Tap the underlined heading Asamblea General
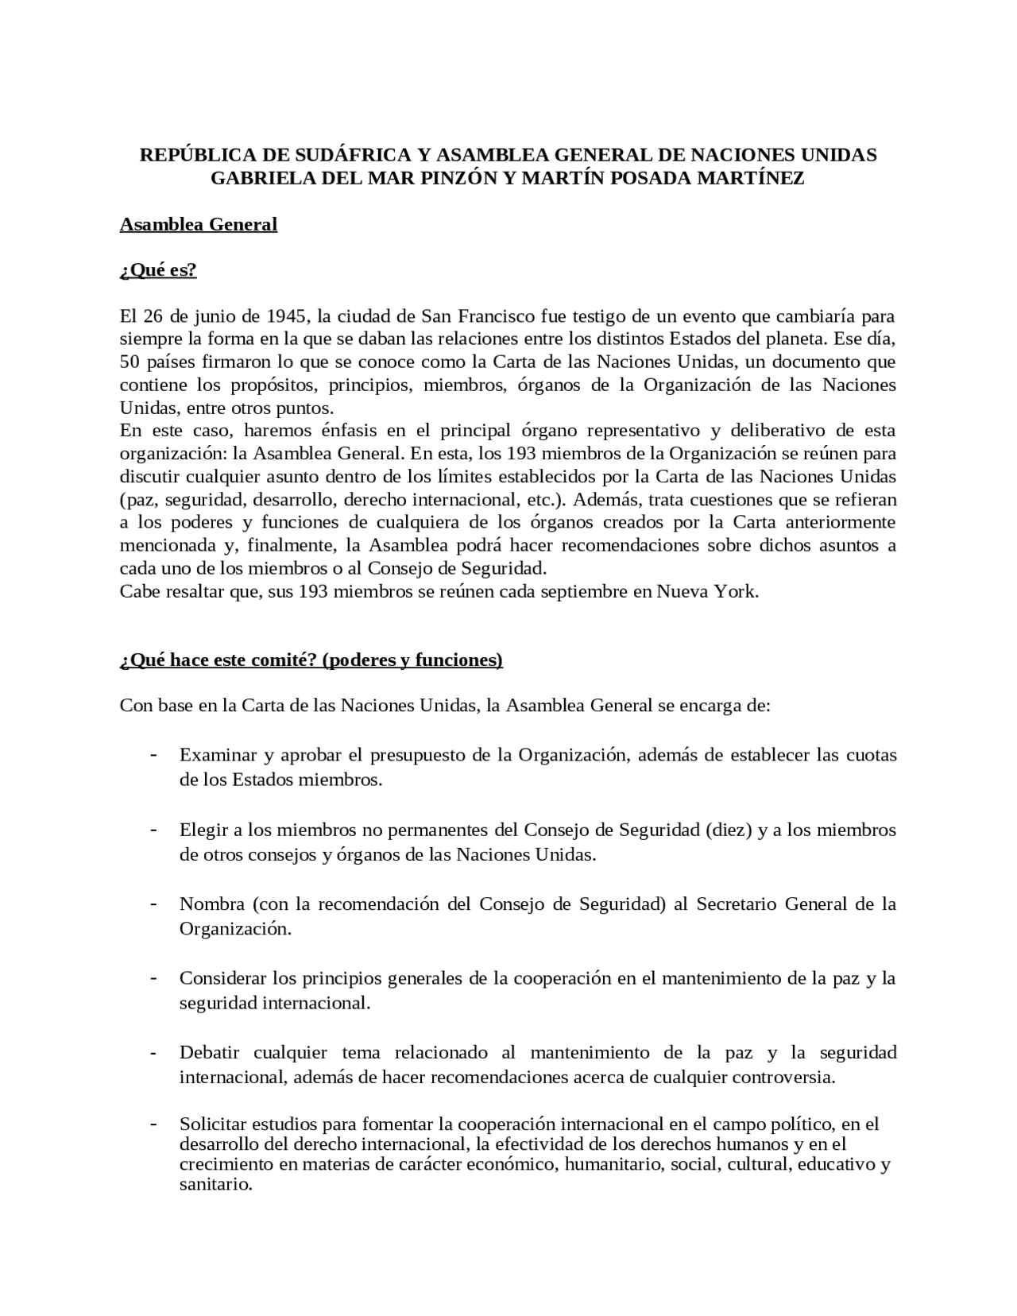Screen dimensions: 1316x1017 198,225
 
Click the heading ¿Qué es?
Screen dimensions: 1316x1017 157,270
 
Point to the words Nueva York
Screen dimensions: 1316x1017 707,591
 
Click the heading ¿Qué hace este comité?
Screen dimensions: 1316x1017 219,660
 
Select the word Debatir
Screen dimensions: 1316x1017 209,1053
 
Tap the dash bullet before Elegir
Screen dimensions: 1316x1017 153,830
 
